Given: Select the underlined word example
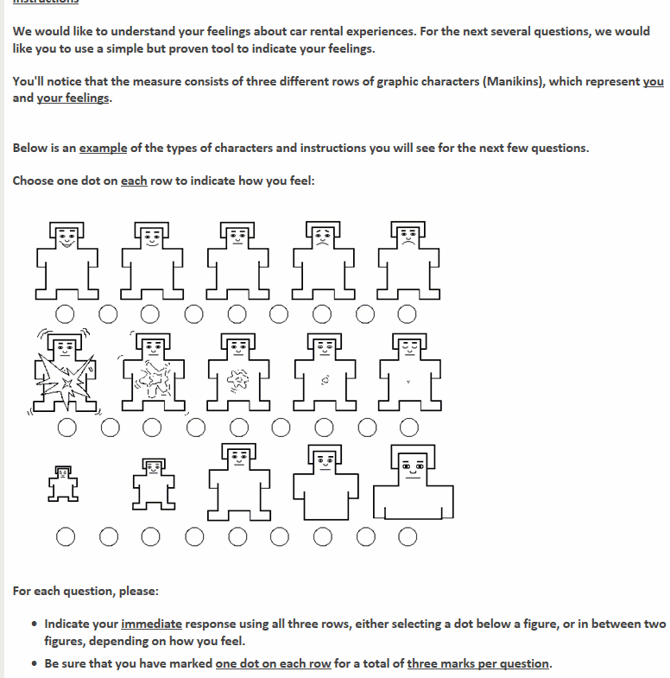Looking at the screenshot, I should coord(103,148).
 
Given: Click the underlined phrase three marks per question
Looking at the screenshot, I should coord(477,663).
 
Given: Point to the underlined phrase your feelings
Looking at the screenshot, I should coord(73,98).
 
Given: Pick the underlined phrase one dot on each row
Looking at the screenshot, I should coord(273,663).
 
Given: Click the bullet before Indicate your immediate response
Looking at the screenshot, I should coord(33,624).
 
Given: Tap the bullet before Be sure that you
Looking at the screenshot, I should coord(33,664).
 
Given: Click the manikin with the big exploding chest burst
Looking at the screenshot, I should coord(66,372).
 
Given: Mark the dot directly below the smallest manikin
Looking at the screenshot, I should coord(66,538).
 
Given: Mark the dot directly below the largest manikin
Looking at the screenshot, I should coord(408,538).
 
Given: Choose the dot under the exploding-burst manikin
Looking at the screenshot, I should coord(66,426).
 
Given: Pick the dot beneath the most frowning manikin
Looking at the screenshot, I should coord(408,313).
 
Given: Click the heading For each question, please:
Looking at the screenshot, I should coord(85,592).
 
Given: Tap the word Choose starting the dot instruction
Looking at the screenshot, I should coord(33,181).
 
